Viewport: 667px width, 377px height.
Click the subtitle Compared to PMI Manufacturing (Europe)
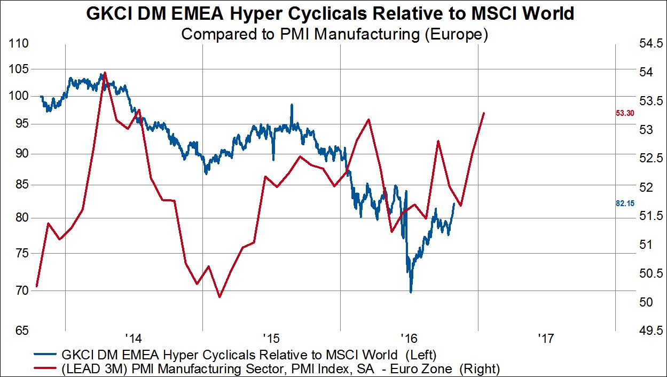coord(335,35)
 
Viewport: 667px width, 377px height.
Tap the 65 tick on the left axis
coord(19,331)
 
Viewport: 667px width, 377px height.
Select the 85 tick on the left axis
coord(19,185)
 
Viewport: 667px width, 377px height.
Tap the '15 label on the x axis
coord(271,339)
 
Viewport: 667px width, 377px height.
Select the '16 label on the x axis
coord(409,339)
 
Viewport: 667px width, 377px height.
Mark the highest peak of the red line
coord(105,72)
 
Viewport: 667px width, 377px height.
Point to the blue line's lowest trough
coord(411,292)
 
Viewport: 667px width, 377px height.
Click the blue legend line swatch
coord(45,354)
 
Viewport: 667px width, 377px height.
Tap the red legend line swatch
coord(45,368)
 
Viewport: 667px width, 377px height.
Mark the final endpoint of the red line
coord(484,113)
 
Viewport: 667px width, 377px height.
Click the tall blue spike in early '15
coord(292,105)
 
